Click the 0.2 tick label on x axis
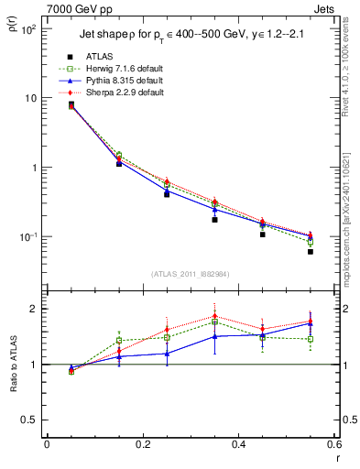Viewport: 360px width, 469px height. point(142,445)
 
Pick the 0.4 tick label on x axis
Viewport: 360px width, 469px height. point(238,445)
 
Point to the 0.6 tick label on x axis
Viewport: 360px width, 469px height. point(333,445)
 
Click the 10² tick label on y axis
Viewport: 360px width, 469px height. point(28,29)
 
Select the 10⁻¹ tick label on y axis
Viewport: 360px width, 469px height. point(28,237)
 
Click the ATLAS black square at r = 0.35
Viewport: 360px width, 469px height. point(214,220)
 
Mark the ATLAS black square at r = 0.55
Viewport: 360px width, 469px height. point(311,250)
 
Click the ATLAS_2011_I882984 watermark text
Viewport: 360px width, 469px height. point(191,274)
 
